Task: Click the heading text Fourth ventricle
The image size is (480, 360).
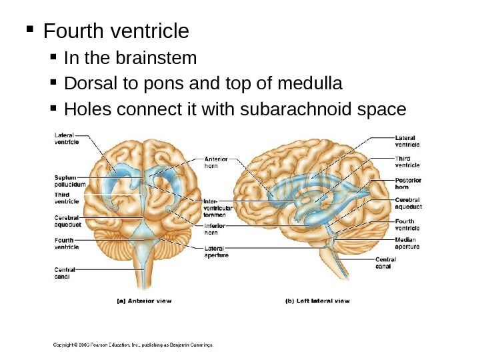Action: coord(116,31)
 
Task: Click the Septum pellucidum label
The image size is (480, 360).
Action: coord(70,181)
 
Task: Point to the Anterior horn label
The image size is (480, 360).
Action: coord(215,162)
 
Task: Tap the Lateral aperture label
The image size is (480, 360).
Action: coord(217,251)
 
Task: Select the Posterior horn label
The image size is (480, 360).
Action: coord(407,184)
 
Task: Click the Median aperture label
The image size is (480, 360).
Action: coord(407,243)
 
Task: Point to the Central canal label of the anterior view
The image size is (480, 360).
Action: coord(65,273)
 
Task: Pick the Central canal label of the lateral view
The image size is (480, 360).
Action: coord(387,263)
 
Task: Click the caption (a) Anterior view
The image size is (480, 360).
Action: coord(144,301)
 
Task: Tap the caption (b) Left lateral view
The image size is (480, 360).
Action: coord(317,301)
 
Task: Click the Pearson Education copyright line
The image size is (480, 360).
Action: coord(133,345)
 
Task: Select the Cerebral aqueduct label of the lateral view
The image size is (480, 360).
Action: coord(408,203)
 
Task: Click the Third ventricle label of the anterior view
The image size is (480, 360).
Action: coord(67,198)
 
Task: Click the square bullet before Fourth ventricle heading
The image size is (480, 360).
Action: coord(29,30)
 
